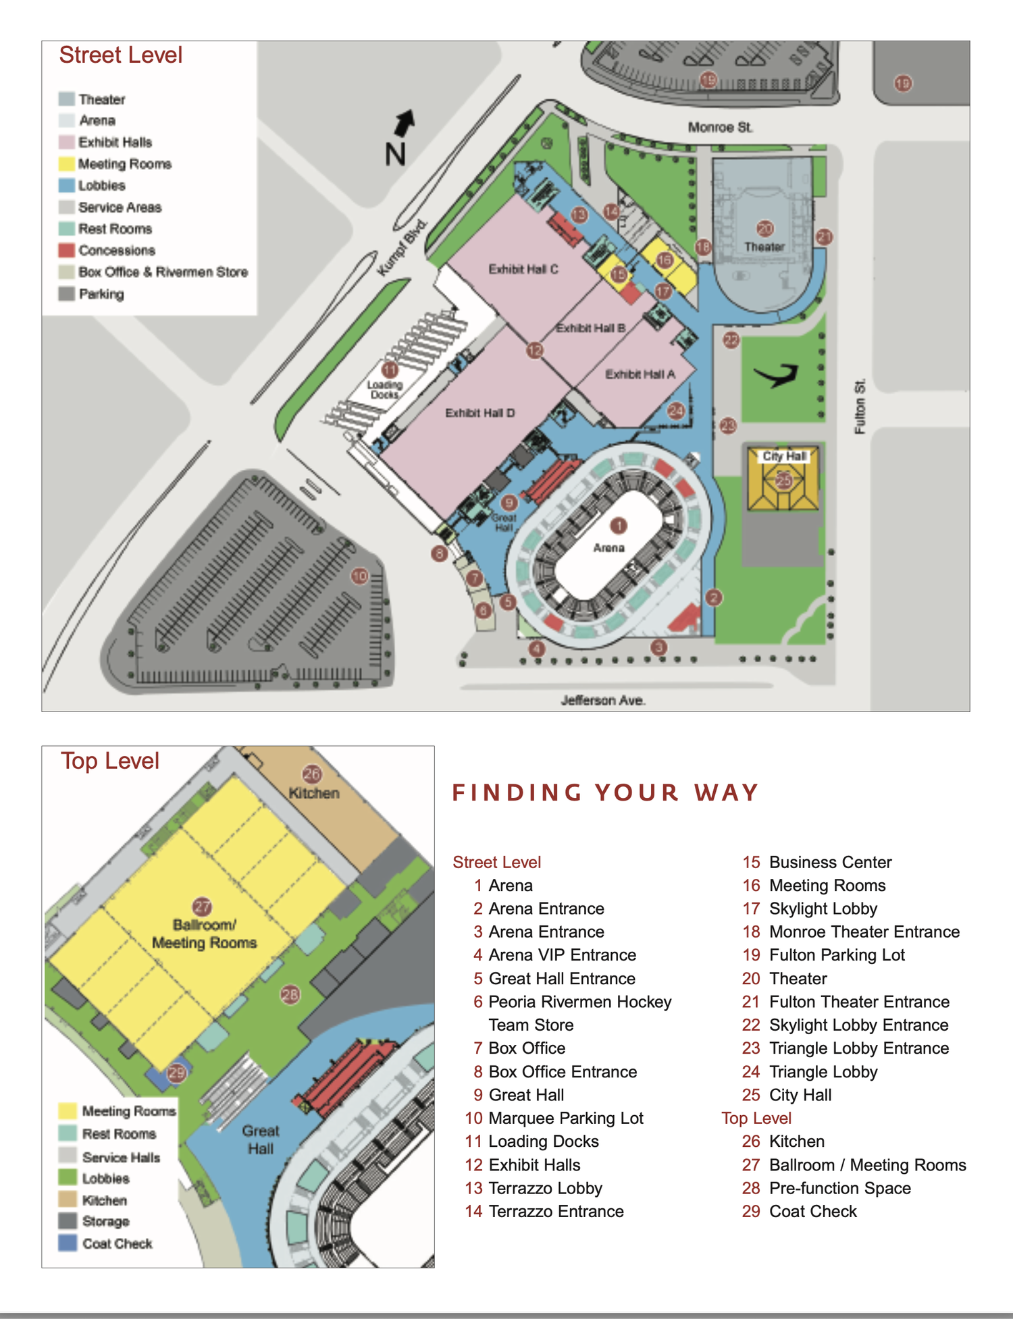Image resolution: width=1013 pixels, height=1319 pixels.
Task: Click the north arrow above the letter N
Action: point(405,123)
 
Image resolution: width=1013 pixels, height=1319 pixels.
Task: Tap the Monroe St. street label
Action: point(720,128)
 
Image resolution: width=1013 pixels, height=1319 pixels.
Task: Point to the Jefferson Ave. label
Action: point(603,701)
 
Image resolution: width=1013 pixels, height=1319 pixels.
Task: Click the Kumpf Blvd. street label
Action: point(402,248)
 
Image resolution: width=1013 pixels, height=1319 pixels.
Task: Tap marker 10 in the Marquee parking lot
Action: point(359,576)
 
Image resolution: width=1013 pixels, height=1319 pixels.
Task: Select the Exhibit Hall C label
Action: point(523,269)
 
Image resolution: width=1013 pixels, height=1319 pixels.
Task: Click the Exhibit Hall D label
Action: point(479,413)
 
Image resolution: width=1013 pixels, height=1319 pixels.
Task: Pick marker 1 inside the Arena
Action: point(619,525)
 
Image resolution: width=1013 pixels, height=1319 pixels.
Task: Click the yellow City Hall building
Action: point(783,481)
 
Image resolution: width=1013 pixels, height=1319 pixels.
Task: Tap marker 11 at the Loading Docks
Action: point(390,370)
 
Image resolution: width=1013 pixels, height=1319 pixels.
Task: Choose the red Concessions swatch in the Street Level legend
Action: point(66,250)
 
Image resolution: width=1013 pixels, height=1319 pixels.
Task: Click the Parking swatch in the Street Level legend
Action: point(66,294)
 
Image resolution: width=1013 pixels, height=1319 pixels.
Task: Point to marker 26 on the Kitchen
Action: point(311,774)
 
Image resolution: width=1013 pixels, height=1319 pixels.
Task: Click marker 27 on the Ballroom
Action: point(202,907)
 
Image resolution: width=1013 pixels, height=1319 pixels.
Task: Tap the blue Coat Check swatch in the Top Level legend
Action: point(68,1243)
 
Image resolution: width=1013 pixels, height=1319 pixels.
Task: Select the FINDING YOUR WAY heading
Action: point(606,792)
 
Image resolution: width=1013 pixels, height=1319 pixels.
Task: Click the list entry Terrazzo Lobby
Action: point(545,1188)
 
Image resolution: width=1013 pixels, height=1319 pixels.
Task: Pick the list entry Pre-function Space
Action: point(839,1188)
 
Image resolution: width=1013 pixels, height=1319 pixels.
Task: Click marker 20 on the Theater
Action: point(764,229)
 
